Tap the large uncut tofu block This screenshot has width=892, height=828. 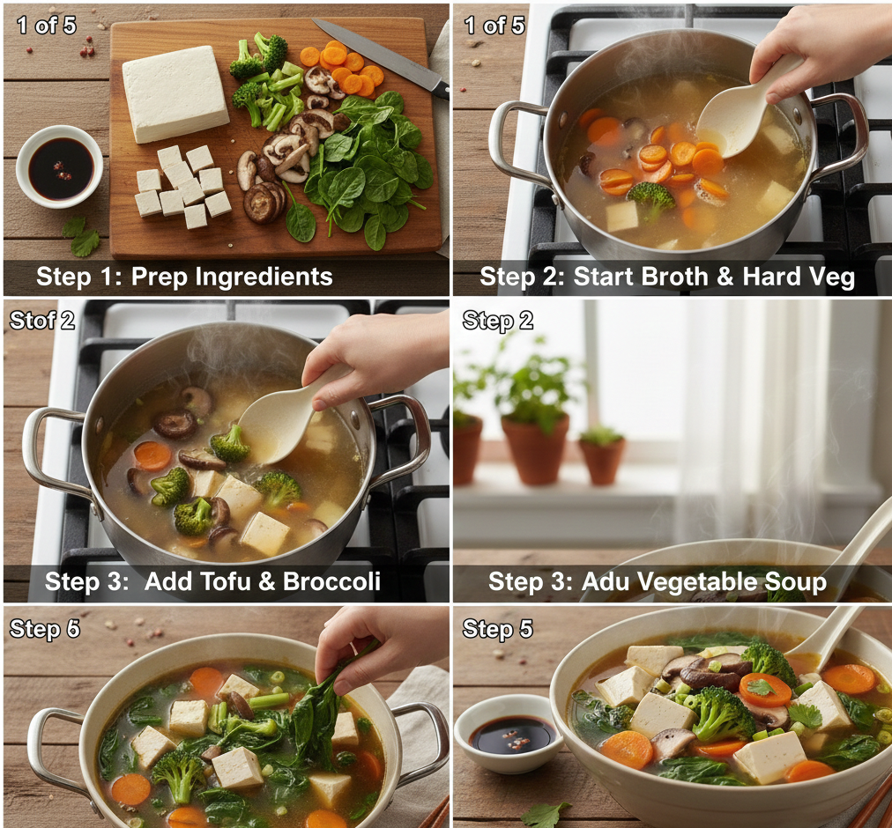click(x=175, y=93)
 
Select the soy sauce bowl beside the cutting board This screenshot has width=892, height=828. click(x=60, y=166)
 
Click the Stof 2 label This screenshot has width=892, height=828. click(x=42, y=320)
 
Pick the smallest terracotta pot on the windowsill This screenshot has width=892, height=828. click(x=601, y=455)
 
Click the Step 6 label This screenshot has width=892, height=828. click(x=45, y=629)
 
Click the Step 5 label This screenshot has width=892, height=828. click(x=498, y=629)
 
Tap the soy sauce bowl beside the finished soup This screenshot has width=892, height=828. click(x=509, y=734)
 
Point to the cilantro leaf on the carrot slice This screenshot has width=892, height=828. click(x=761, y=688)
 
